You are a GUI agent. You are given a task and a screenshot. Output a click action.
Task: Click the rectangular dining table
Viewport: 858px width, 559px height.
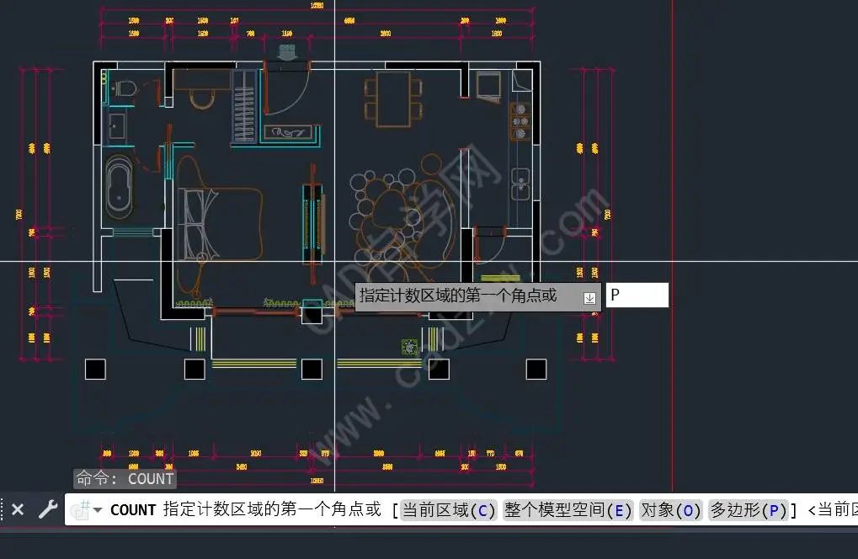click(x=392, y=98)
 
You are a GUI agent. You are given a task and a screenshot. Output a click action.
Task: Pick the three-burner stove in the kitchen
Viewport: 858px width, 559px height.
click(x=520, y=121)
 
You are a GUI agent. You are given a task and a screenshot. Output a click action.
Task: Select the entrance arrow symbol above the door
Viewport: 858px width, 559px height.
click(x=287, y=52)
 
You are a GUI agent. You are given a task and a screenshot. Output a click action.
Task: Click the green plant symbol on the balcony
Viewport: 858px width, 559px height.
click(x=409, y=346)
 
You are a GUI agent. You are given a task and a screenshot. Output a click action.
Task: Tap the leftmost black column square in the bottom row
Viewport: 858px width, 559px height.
click(x=95, y=369)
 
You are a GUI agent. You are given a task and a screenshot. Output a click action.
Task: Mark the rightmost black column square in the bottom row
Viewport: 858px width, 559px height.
click(x=536, y=369)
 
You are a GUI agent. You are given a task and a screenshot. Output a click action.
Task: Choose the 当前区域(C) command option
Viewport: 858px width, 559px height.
click(x=449, y=510)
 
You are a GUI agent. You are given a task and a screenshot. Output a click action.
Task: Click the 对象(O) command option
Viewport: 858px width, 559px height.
click(x=670, y=510)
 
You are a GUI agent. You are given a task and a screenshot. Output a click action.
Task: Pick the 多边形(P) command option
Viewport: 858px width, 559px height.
click(x=749, y=510)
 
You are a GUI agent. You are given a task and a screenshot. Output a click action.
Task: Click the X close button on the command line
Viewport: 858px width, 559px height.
click(x=18, y=509)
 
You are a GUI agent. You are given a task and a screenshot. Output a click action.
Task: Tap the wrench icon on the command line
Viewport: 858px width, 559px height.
click(x=48, y=509)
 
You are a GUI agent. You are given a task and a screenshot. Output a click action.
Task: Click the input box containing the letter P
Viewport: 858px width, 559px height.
click(x=637, y=295)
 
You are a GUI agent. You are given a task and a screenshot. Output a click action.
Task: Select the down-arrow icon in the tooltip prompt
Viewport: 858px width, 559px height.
click(x=590, y=297)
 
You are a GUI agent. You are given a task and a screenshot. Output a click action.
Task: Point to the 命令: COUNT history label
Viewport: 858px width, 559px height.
click(x=125, y=479)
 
